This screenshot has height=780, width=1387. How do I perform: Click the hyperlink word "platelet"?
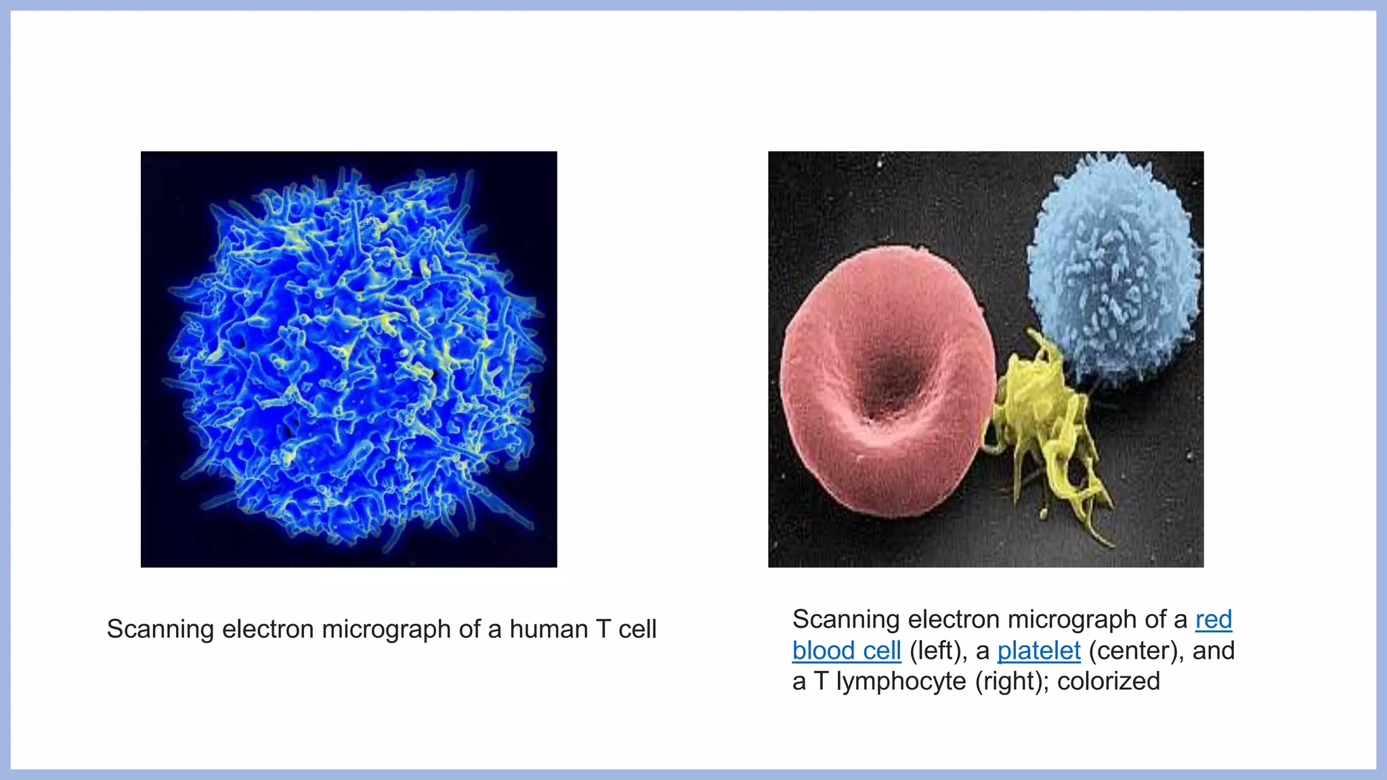pos(1039,651)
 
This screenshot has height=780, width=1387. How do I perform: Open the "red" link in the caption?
pos(1214,620)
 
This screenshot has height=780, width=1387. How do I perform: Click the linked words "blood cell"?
pos(847,651)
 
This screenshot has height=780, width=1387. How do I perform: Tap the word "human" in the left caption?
pos(549,629)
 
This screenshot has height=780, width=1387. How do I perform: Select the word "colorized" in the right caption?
pos(1109,681)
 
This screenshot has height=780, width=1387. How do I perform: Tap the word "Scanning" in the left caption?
pos(160,629)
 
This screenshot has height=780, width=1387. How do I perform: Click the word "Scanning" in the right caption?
pos(845,620)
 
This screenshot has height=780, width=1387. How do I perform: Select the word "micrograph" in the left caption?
pos(386,629)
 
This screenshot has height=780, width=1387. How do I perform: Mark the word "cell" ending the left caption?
pos(637,629)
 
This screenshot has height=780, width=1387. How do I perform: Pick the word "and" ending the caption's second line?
pos(1214,651)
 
